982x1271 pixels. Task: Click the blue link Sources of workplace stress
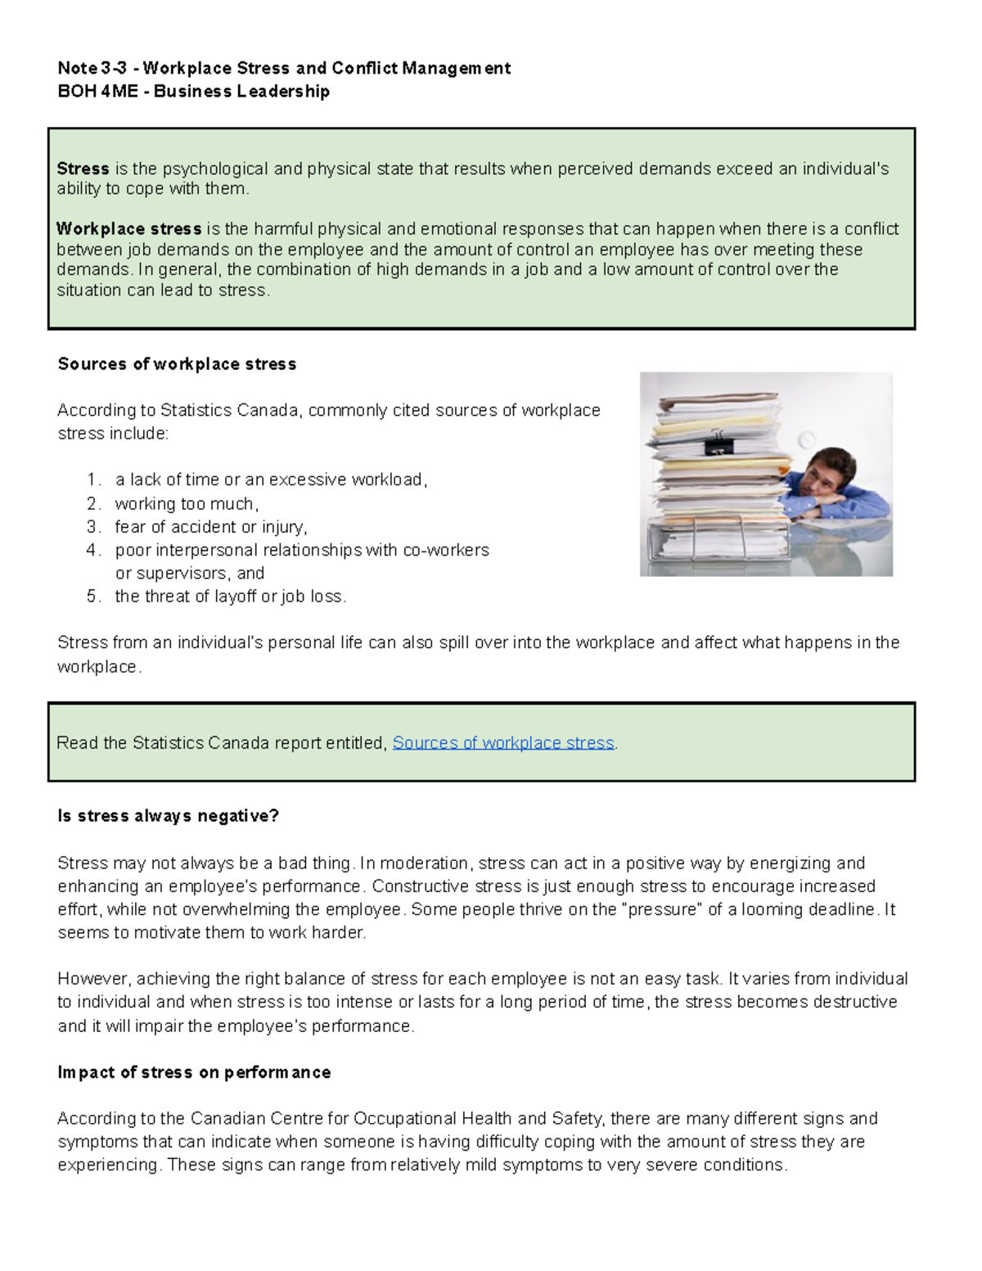(502, 743)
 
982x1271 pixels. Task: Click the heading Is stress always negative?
(169, 816)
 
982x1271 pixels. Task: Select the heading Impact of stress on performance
(194, 1072)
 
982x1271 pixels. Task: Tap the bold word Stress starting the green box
(83, 169)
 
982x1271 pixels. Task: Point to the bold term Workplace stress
(129, 229)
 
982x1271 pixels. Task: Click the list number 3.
(93, 527)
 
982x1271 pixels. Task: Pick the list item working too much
(187, 504)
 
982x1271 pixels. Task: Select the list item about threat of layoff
(231, 597)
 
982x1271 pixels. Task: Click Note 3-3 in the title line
(92, 68)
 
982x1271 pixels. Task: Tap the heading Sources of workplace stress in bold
(177, 364)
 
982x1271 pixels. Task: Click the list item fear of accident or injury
(210, 527)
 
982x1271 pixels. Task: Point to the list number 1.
(93, 480)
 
